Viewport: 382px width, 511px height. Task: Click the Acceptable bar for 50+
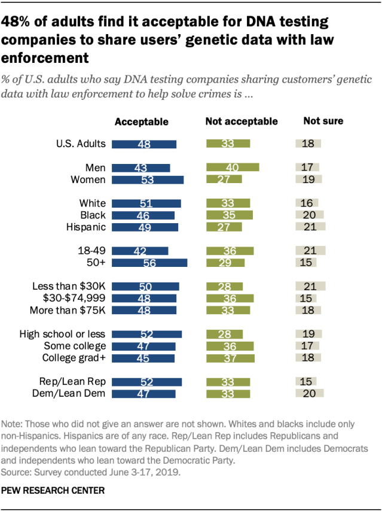tap(149, 263)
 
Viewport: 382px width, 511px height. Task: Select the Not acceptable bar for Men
tap(233, 168)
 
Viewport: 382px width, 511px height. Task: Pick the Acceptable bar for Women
tap(148, 180)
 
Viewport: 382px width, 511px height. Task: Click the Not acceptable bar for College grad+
tap(230, 358)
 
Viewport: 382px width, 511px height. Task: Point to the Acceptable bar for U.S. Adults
tap(145, 144)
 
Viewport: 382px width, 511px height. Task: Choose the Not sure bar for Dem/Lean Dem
tap(310, 393)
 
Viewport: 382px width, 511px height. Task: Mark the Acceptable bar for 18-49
tap(140, 251)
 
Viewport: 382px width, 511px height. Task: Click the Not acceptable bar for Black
tap(230, 215)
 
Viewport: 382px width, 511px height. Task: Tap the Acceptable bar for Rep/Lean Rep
tap(147, 382)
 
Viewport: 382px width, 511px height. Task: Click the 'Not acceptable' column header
tap(242, 121)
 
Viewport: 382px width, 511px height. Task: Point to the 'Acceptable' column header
tap(142, 121)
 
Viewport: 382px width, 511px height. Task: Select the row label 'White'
tap(93, 203)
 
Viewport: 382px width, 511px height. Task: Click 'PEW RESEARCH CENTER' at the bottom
tap(53, 490)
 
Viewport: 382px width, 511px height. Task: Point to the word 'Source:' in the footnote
tap(19, 472)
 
